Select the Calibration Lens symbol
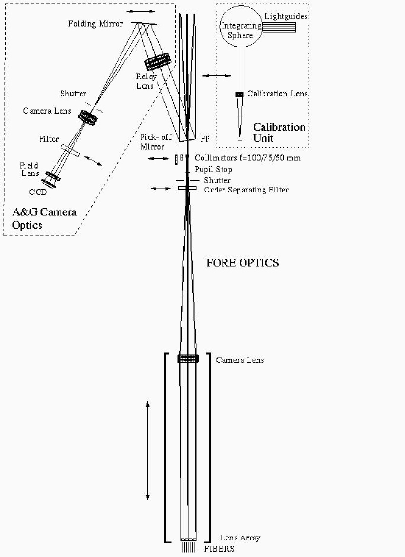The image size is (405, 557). click(x=240, y=94)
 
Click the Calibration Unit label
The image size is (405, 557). click(x=279, y=132)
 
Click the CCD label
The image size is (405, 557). click(x=38, y=192)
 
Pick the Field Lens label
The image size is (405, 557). click(x=29, y=170)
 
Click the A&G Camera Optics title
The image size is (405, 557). click(x=44, y=218)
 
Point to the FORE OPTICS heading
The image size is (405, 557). click(x=243, y=263)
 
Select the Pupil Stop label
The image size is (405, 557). click(x=213, y=169)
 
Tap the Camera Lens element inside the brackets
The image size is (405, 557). click(x=187, y=359)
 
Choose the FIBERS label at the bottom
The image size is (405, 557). click(x=220, y=549)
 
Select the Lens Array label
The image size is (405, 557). click(x=240, y=538)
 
